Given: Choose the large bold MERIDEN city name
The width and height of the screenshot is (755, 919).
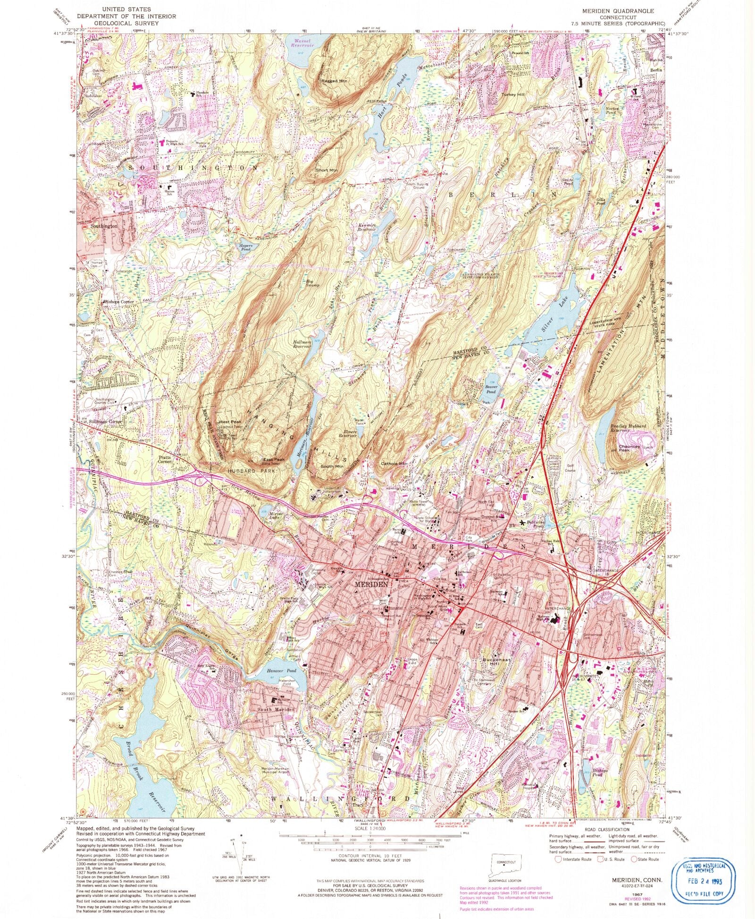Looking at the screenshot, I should tap(371, 584).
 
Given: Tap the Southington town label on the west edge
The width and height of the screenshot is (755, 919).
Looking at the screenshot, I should tap(104, 226).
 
